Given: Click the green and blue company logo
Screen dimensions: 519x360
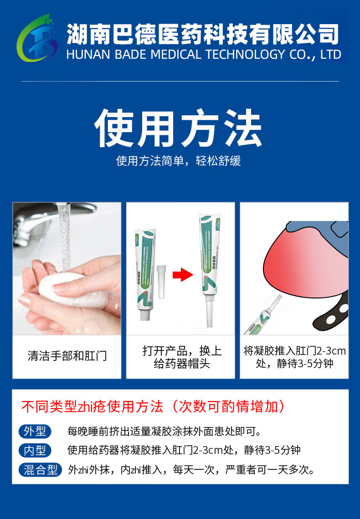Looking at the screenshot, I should click(37, 40).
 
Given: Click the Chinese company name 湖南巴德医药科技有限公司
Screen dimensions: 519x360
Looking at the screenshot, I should click(203, 35).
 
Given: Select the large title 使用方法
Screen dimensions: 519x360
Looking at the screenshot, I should click(178, 128).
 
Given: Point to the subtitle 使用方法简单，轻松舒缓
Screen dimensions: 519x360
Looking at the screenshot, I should click(178, 161).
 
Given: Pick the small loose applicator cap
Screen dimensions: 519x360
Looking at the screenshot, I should click(160, 281).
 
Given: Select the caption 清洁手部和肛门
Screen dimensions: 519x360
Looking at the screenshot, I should click(67, 356).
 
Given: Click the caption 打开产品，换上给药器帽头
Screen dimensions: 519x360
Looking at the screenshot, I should click(181, 357).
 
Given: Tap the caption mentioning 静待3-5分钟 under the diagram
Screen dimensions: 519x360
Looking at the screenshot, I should click(294, 357).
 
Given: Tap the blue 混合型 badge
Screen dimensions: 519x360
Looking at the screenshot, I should click(40, 469).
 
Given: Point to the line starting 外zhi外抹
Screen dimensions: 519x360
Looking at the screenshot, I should click(191, 469).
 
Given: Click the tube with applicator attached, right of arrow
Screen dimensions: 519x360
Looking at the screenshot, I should click(210, 269).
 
